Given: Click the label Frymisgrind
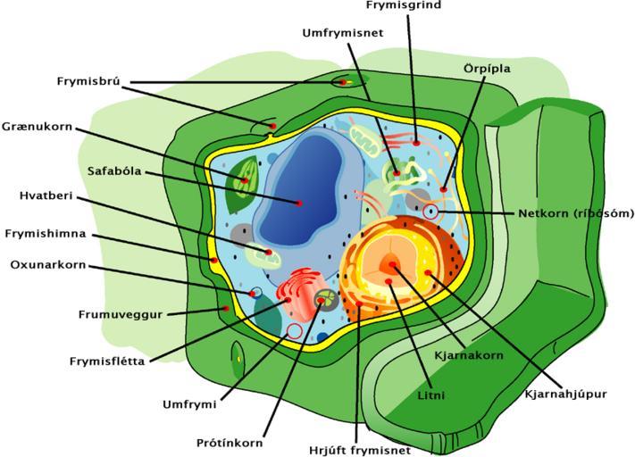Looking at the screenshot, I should (x=404, y=5).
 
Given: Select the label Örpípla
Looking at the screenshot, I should (x=488, y=67).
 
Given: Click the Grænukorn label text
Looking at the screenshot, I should (x=38, y=126).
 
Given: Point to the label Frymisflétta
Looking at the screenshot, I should (x=107, y=361).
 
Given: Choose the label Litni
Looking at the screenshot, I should (x=431, y=394).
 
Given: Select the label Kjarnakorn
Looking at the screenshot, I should (x=469, y=355).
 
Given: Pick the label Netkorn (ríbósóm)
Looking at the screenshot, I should (x=576, y=213).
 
